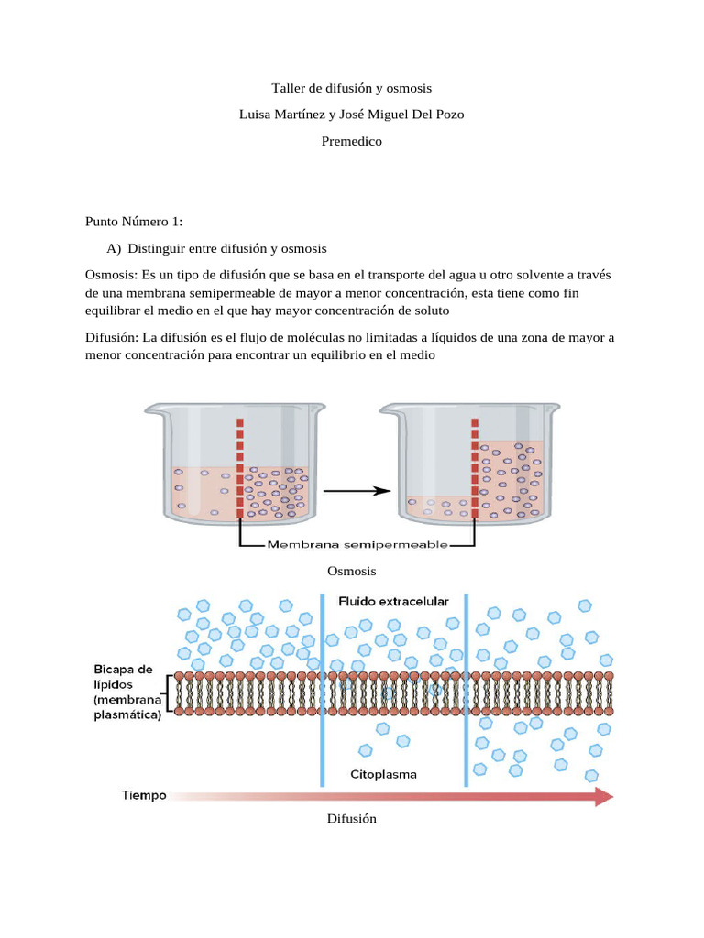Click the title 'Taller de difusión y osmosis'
pyautogui.click(x=351, y=89)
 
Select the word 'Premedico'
pyautogui.click(x=351, y=142)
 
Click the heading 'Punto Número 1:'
pyautogui.click(x=134, y=222)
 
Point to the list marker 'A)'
pyautogui.click(x=115, y=248)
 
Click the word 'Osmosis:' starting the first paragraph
pyautogui.click(x=112, y=275)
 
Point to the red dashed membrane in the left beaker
pyautogui.click(x=240, y=467)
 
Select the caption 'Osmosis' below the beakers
pyautogui.click(x=351, y=571)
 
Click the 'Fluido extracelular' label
pyautogui.click(x=393, y=602)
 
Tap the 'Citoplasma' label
pyautogui.click(x=383, y=774)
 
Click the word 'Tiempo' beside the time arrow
pyautogui.click(x=145, y=795)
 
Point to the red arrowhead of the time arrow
pyautogui.click(x=603, y=797)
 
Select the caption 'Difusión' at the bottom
pyautogui.click(x=351, y=819)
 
